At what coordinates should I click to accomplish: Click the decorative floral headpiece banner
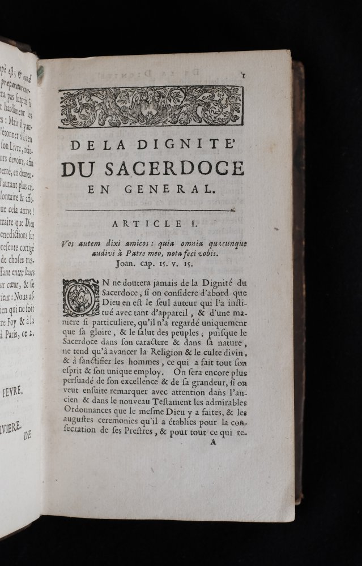151,107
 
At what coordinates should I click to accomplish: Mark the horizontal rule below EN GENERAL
150,211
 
